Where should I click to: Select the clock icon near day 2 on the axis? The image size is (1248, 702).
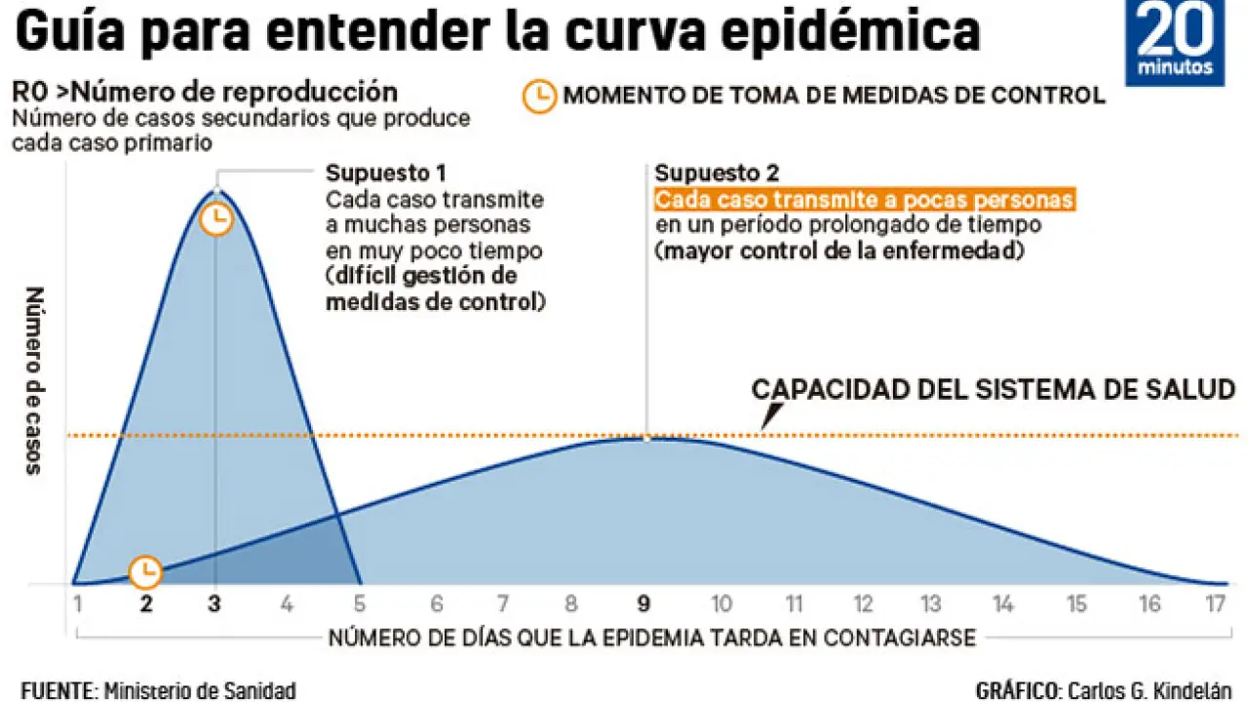tap(146, 570)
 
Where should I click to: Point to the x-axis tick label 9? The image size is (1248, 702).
tap(643, 604)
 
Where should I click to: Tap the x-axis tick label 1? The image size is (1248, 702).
tap(76, 604)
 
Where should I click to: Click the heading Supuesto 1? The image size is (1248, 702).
tap(385, 174)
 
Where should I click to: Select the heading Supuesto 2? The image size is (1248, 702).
tap(717, 174)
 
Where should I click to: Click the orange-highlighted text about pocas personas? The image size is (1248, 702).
tap(864, 200)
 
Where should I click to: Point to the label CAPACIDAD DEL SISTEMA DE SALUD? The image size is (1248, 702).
tap(993, 390)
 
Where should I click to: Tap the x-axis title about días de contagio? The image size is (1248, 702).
tap(651, 639)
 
